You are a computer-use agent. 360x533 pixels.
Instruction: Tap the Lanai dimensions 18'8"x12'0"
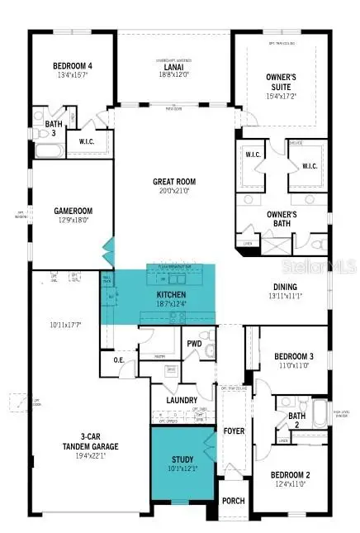click(x=173, y=74)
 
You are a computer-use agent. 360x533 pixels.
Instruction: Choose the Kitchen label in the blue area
click(x=172, y=294)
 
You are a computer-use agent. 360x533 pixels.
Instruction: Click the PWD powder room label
click(x=194, y=343)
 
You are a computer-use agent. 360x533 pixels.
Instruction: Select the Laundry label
click(x=182, y=401)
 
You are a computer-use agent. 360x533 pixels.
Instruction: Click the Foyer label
click(x=234, y=431)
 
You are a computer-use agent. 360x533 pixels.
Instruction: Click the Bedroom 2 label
click(x=291, y=475)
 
